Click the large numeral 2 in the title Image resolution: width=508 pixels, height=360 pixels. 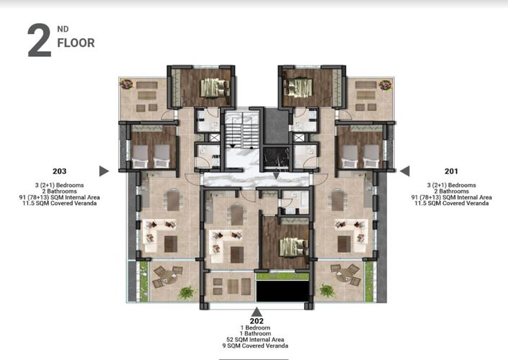point(39,40)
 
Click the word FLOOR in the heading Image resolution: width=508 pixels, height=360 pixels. point(76,43)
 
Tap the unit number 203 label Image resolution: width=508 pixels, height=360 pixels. point(60,171)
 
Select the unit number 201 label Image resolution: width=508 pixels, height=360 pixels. point(452,171)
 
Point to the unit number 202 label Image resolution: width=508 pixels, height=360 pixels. point(257,320)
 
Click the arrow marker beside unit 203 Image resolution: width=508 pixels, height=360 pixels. point(104,171)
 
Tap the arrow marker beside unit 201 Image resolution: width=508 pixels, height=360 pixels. point(405,171)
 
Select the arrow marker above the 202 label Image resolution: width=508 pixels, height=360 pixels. point(257,311)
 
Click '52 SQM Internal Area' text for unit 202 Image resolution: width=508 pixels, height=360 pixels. point(257,340)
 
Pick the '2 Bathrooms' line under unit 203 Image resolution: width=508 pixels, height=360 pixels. point(60,191)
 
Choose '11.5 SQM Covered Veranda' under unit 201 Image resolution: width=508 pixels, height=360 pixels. point(452,204)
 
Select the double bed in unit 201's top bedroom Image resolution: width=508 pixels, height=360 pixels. point(298,87)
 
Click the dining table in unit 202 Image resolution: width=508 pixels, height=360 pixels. point(237,214)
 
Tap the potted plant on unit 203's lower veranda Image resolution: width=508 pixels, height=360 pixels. point(187,292)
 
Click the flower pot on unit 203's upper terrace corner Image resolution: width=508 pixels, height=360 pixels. point(127,84)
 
